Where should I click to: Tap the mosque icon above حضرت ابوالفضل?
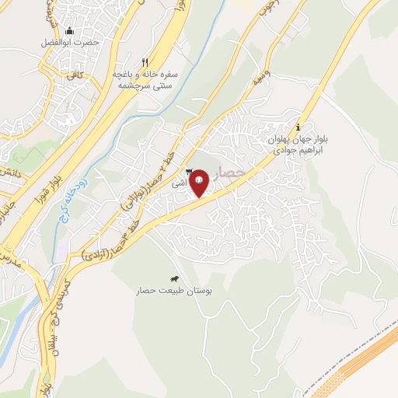pos(69,32)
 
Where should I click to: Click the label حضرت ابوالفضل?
pos(71,43)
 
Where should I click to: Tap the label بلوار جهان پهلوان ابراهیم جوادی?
pos(297,145)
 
